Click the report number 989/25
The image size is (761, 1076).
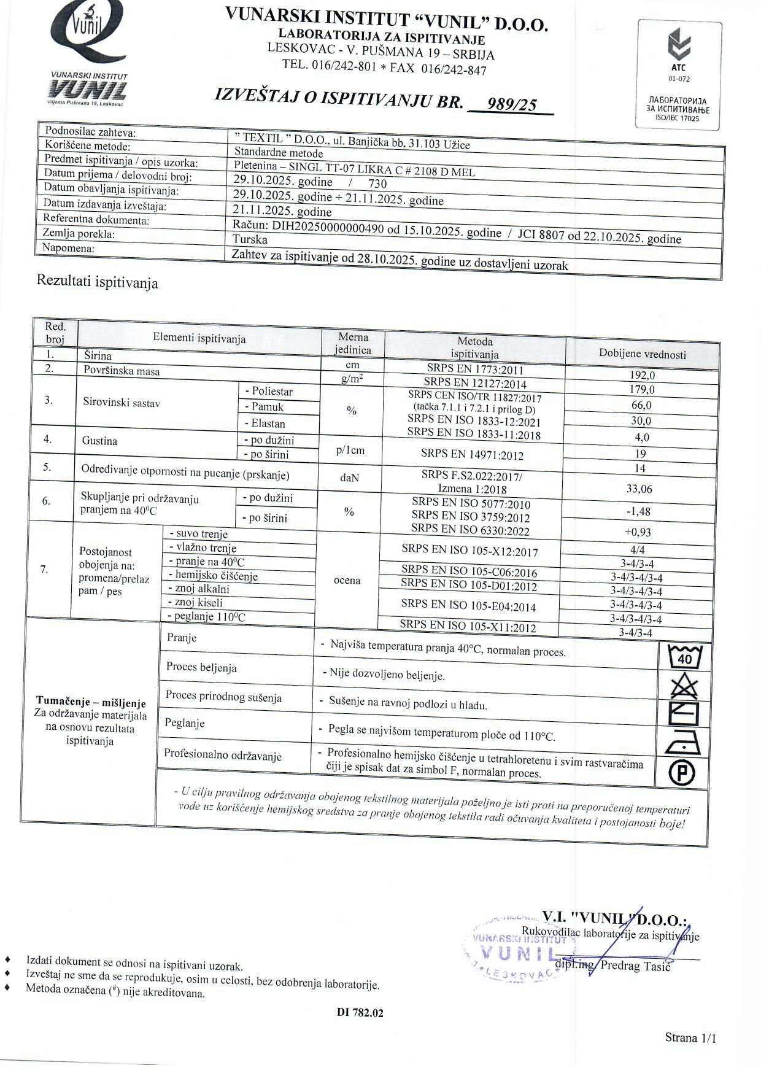(x=511, y=105)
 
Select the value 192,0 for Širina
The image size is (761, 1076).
(x=642, y=375)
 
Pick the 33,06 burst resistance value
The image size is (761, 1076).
(x=639, y=489)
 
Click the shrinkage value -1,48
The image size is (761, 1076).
(x=638, y=511)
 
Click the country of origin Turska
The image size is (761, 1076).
(x=250, y=239)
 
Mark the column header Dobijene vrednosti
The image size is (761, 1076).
(x=642, y=354)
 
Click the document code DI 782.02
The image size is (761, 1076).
(x=360, y=1013)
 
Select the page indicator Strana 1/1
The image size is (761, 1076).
(x=690, y=1037)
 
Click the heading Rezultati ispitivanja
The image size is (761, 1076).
(x=97, y=282)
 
